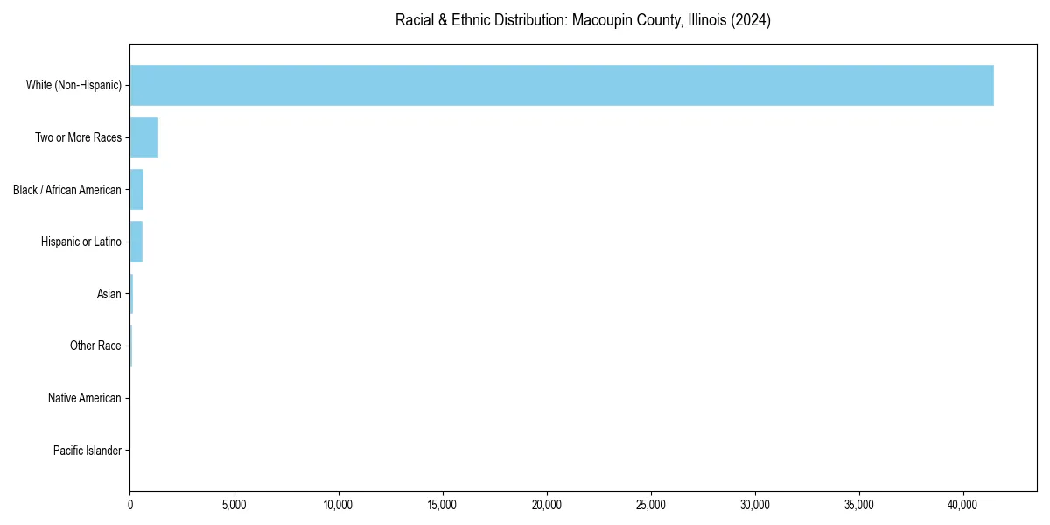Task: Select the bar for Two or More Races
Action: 143,137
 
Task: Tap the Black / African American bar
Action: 136,190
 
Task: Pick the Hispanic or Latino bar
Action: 136,242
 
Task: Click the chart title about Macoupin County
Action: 583,20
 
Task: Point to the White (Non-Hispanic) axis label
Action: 73,85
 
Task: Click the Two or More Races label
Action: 78,137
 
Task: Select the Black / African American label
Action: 67,190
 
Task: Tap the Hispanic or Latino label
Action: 81,242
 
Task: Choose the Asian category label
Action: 109,295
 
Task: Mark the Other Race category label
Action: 95,346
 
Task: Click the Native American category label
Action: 85,399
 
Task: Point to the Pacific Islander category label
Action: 87,451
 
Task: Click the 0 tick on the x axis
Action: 130,504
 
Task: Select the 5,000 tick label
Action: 234,504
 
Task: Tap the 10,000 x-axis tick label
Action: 339,504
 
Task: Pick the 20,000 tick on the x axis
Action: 547,504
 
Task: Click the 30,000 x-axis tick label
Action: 755,504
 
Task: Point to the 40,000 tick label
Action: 963,504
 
